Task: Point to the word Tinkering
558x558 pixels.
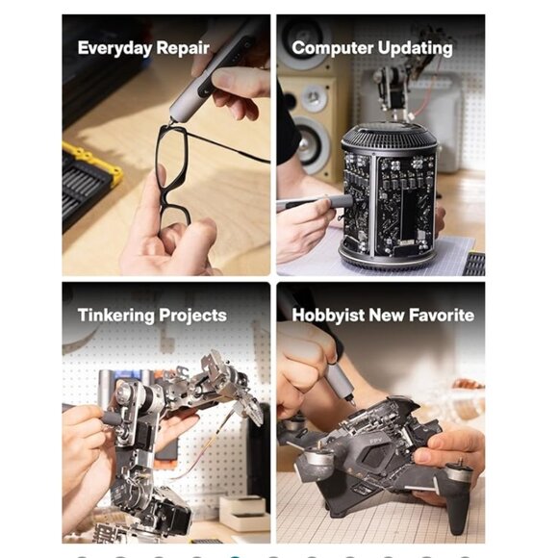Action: pos(116,315)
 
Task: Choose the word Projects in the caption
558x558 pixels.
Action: pos(192,316)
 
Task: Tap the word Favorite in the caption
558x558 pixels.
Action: pos(442,316)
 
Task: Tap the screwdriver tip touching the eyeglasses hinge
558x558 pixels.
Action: pos(171,123)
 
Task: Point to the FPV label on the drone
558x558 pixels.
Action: pos(375,441)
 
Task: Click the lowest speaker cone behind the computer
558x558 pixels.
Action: pos(311,144)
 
